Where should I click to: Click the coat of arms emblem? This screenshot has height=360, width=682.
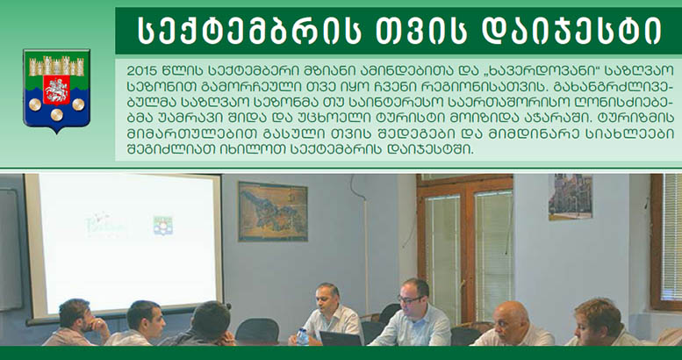[x=56, y=90]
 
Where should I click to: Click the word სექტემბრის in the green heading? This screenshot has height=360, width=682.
[x=249, y=31]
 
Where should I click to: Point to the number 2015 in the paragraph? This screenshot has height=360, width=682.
[x=141, y=70]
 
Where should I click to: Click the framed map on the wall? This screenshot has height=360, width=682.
[x=273, y=212]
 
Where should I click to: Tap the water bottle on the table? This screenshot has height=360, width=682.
[x=302, y=336]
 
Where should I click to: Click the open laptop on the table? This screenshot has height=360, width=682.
[x=341, y=339]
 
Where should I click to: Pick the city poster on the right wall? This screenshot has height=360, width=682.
[x=571, y=197]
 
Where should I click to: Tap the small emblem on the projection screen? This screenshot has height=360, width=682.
[x=162, y=226]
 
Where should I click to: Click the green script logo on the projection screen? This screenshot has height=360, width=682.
[x=106, y=225]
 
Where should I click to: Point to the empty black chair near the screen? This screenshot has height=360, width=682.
[x=257, y=330]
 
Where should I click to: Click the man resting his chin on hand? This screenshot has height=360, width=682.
[x=77, y=322]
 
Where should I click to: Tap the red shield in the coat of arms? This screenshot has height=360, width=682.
[x=56, y=90]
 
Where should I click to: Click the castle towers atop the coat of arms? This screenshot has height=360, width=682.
[x=56, y=66]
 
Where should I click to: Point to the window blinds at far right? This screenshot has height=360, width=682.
[x=671, y=237]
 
